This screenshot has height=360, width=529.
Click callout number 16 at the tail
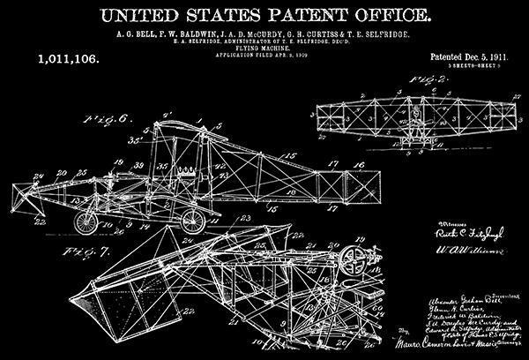(355, 164)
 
